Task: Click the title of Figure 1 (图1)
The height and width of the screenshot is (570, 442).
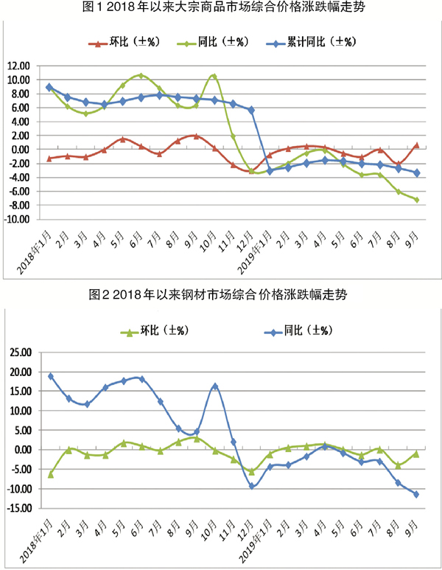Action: click(x=221, y=9)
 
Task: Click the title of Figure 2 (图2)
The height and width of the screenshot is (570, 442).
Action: click(x=221, y=295)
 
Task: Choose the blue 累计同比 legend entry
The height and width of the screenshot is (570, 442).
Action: click(x=309, y=42)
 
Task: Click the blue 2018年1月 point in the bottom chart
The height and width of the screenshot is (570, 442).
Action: click(x=50, y=376)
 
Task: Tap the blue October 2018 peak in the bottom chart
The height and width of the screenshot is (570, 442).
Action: click(x=214, y=386)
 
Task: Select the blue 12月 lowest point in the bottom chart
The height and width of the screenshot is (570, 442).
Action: click(x=251, y=486)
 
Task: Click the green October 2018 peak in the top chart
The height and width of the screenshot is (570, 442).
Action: click(x=214, y=75)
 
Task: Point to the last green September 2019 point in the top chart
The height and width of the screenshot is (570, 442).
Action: click(x=416, y=200)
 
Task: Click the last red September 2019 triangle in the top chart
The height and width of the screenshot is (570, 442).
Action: click(x=416, y=145)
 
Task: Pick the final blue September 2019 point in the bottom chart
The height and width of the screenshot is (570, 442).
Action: click(x=416, y=494)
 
